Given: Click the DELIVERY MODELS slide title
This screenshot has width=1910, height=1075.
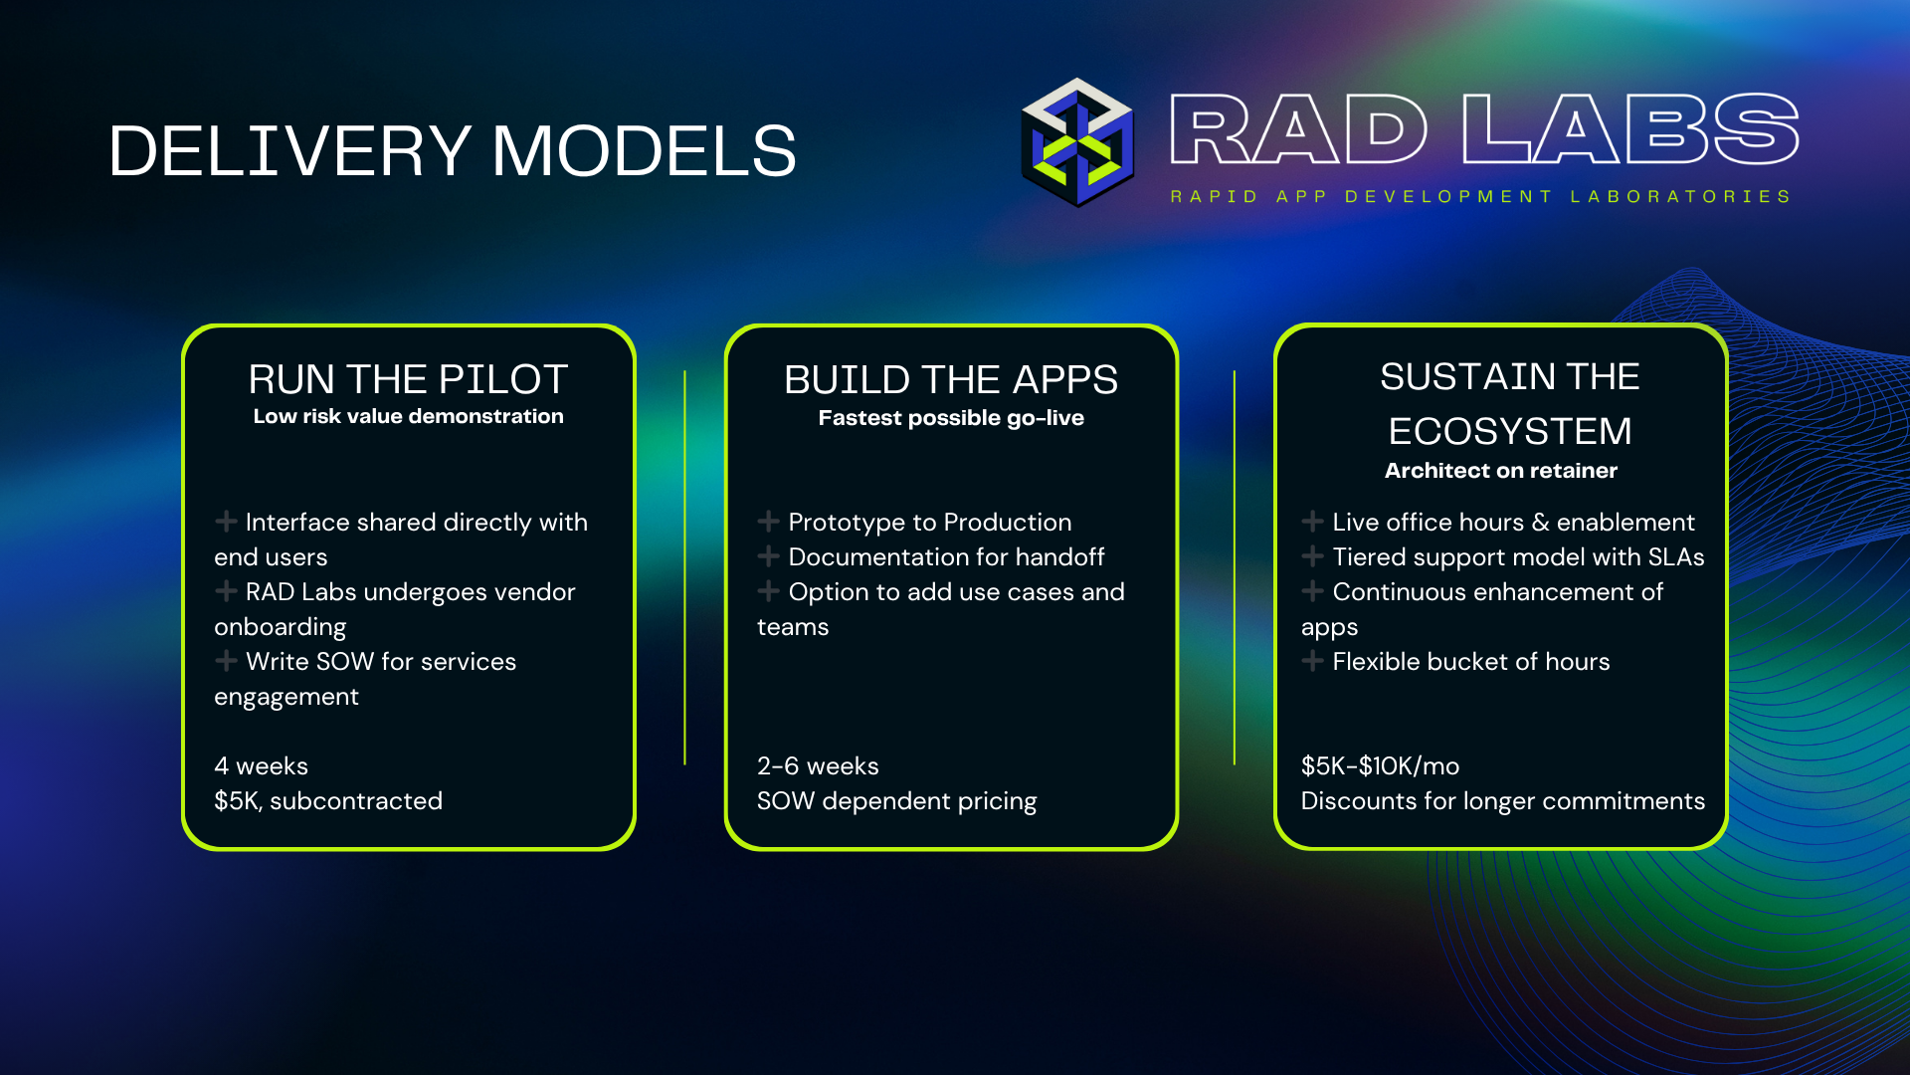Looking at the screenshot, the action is (452, 151).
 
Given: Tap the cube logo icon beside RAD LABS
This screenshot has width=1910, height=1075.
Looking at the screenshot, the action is (1077, 142).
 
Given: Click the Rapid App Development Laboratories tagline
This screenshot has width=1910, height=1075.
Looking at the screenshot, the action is (1480, 197).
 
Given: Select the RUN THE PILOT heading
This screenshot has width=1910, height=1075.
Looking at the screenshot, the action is (408, 379).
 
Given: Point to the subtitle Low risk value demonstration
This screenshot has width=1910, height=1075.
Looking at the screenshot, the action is (408, 416).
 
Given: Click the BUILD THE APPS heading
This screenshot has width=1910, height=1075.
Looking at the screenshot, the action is (950, 379).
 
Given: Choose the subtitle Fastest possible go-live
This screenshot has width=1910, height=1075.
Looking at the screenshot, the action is (950, 418).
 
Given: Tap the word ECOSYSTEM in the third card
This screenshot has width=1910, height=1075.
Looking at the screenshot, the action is (1509, 431).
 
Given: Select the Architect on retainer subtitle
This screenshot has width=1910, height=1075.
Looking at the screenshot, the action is (1500, 471).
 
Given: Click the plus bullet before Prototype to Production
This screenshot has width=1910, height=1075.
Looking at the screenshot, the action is (768, 522).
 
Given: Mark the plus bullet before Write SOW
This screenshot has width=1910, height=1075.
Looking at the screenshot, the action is (226, 661).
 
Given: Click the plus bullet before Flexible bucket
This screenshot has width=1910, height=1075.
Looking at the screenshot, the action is (1312, 661).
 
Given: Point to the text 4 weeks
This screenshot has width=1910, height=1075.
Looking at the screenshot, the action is (261, 766).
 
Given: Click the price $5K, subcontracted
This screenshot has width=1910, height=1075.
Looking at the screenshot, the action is (327, 801).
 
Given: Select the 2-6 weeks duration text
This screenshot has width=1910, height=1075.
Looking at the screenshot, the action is (817, 766).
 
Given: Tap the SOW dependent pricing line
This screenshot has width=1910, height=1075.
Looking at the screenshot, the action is (895, 801).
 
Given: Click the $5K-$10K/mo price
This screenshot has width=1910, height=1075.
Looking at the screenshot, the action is (1380, 766).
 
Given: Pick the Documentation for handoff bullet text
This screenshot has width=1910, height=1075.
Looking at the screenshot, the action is (945, 557).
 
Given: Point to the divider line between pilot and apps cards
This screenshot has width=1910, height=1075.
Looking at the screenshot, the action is (684, 567).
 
